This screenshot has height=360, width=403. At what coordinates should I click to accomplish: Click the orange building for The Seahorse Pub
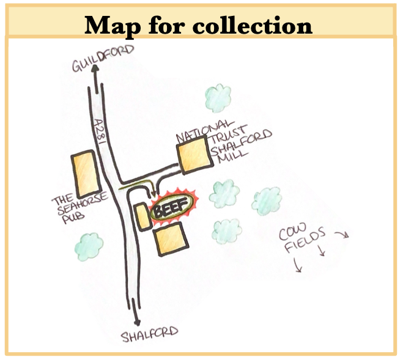pyautogui.click(x=85, y=173)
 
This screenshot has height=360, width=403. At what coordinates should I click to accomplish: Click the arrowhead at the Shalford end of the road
pyautogui.click(x=140, y=321)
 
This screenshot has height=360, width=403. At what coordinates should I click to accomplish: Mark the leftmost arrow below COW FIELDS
pyautogui.click(x=297, y=266)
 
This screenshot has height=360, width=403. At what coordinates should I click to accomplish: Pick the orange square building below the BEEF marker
pyautogui.click(x=168, y=240)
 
